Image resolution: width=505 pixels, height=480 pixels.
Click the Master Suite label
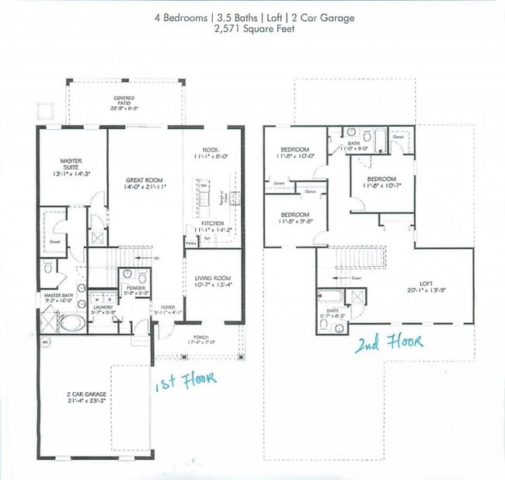point(71,164)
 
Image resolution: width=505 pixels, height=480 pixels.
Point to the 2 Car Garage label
point(86,394)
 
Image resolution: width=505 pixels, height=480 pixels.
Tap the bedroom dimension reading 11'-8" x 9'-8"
point(294,222)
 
